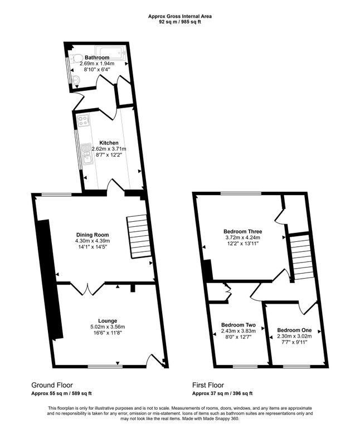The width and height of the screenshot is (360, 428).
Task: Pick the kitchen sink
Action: coord(86,151)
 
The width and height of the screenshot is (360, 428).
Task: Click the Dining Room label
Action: coord(93,235)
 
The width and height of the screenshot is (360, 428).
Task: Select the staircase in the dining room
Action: coord(139,236)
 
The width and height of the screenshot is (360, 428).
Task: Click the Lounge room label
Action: coord(108,320)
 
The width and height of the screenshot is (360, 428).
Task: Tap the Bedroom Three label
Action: coord(242,231)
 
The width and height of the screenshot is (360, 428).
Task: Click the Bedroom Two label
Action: coord(238,324)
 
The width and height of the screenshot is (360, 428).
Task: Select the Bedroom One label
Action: coord(294,329)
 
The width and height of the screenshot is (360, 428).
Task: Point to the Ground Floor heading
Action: coord(52,385)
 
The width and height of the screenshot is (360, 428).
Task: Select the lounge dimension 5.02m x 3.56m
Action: coord(108,327)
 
